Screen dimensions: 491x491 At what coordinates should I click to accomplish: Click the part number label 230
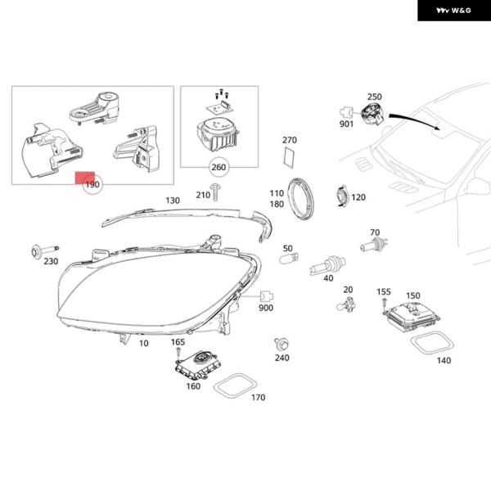click(x=51, y=262)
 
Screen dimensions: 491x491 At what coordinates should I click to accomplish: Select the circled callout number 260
click(x=218, y=169)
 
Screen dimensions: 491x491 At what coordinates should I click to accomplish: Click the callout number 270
click(x=289, y=140)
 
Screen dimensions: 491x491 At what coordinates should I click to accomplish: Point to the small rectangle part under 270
click(x=289, y=158)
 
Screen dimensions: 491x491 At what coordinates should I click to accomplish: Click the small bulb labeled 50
click(x=287, y=259)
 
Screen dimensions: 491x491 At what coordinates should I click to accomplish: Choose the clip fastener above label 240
click(x=281, y=343)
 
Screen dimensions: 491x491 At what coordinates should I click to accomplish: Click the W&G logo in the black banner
click(x=452, y=10)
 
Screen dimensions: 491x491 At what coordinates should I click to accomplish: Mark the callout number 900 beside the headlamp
click(x=266, y=308)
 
